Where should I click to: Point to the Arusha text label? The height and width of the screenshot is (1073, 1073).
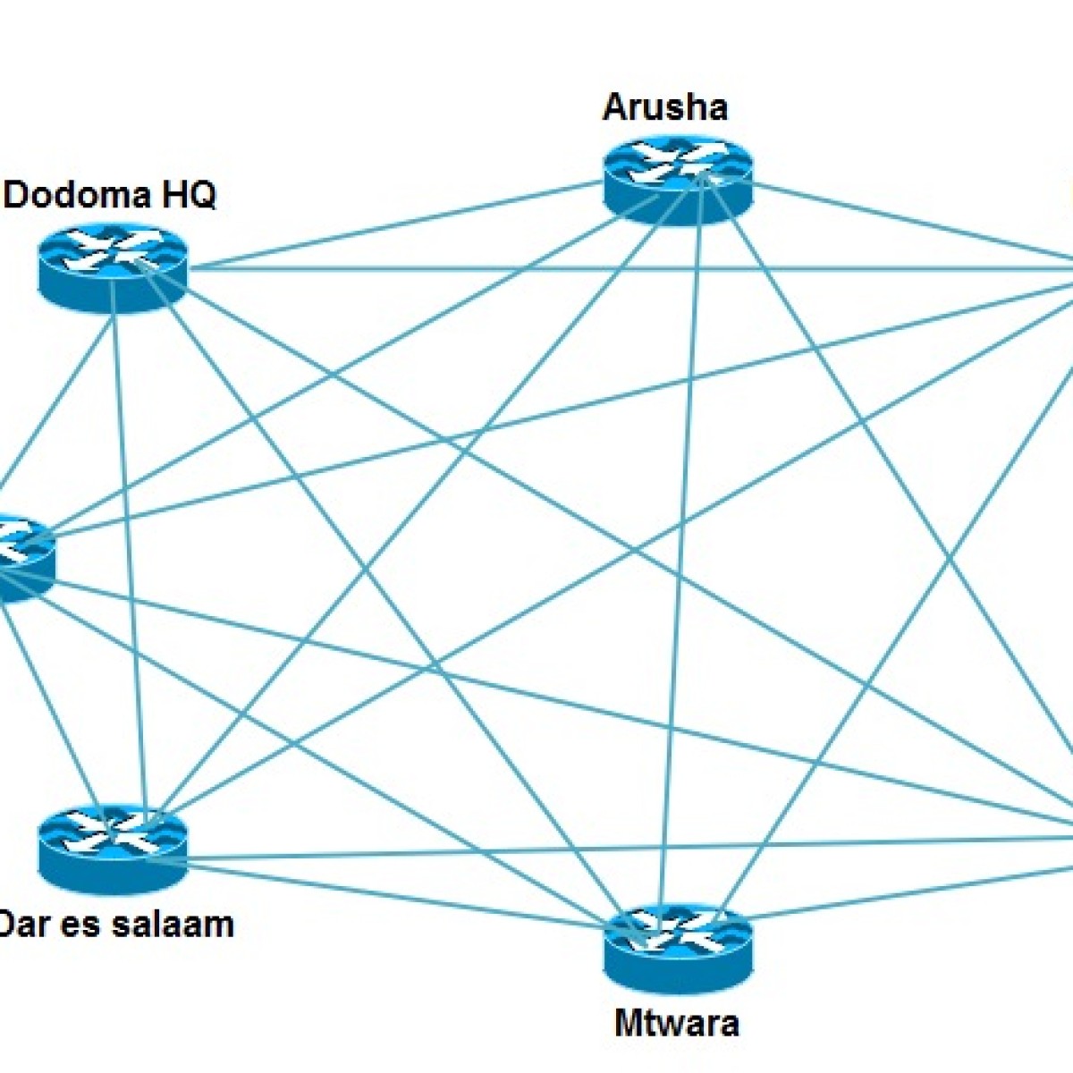[665, 107]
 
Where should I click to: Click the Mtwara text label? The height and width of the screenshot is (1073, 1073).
[677, 1022]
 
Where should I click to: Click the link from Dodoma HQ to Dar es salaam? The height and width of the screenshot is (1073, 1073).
[126, 554]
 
